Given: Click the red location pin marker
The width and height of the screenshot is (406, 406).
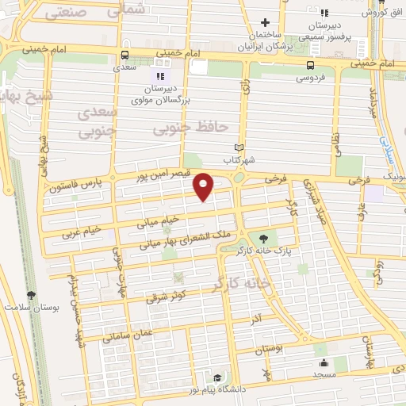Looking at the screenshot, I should [205, 186].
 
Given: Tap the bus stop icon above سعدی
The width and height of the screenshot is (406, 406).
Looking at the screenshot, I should [124, 56].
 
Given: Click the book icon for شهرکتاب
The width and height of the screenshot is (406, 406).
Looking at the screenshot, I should [240, 147].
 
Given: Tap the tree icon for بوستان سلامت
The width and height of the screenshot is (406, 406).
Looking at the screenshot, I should [31, 294].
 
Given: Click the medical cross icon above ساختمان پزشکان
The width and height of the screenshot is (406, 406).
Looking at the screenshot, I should [266, 22].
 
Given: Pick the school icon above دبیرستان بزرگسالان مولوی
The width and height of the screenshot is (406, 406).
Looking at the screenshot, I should [159, 76].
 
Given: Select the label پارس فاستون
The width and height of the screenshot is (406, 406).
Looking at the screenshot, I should [76, 189].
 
